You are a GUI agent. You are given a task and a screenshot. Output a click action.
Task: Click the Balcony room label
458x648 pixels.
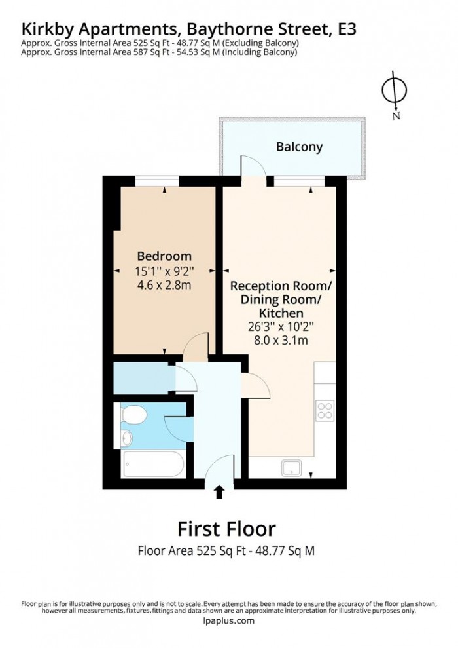299,147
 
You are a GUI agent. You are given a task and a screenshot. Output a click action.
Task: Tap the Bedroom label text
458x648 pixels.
164,256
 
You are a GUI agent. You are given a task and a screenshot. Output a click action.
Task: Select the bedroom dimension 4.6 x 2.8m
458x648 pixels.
164,285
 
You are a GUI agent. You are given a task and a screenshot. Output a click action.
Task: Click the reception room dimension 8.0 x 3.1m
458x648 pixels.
281,341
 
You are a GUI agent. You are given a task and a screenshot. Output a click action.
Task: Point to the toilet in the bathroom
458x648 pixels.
133,414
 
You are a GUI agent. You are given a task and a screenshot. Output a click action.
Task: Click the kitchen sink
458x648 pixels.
291,467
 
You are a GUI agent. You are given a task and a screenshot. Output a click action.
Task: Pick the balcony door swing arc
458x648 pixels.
254,167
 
